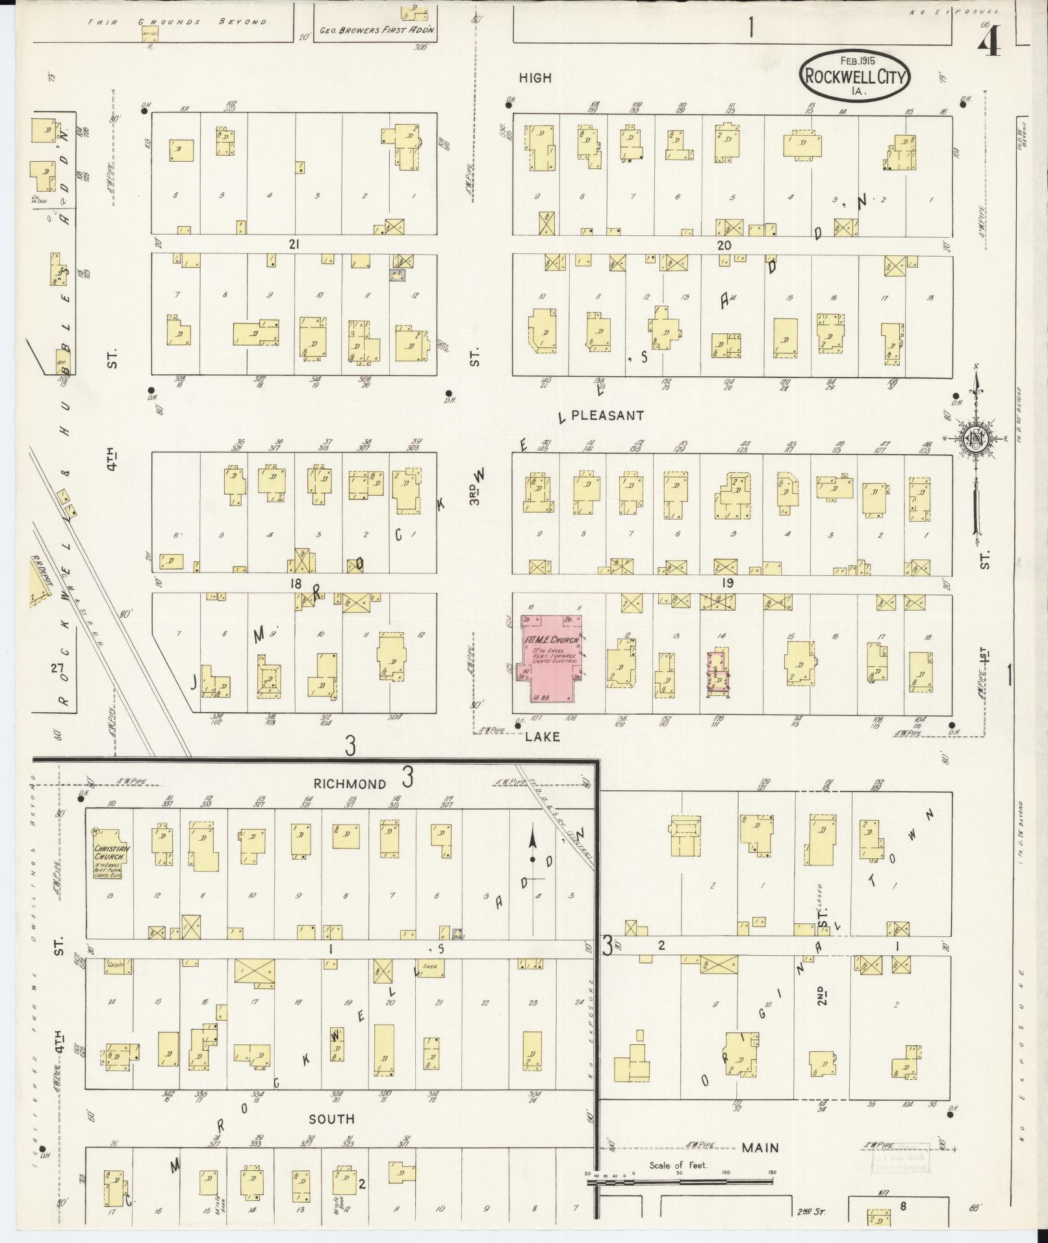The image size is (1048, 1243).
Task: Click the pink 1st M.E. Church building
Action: pos(549,656)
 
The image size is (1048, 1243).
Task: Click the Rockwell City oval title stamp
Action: pos(854,75)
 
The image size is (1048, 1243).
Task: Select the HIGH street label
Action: pos(535,78)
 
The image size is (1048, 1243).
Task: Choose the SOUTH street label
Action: pos(331,1119)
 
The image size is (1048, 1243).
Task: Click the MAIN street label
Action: pos(760,1148)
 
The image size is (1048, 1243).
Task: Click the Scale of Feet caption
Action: pos(678,1165)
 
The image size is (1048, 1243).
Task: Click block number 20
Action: pos(724,245)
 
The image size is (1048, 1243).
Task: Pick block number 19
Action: pos(727,583)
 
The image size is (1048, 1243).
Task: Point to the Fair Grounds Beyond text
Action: pos(179,21)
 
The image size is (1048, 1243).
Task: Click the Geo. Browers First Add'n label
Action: pos(377,30)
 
